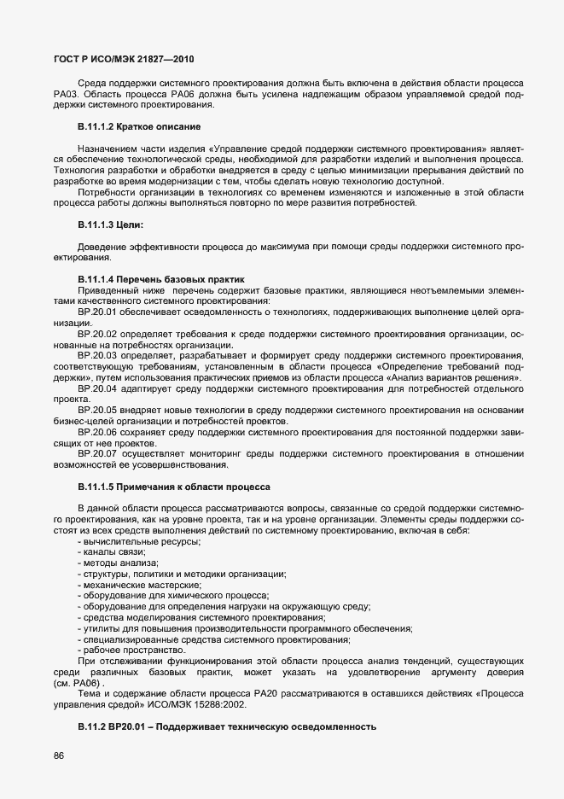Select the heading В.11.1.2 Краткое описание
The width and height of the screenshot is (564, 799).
[x=139, y=127]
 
